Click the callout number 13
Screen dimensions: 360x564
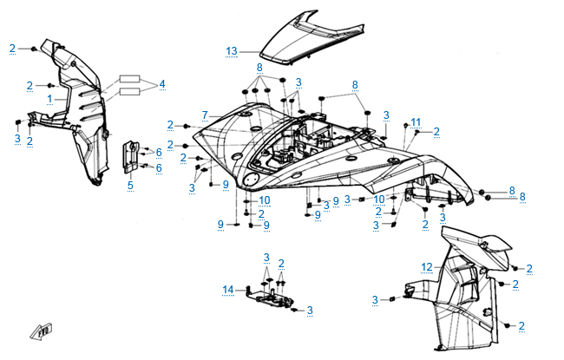tap(231, 51)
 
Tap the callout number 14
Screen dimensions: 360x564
tap(228, 290)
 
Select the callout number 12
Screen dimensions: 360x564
tap(427, 265)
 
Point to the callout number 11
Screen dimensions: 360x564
tap(416, 121)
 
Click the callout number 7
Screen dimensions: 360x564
tap(205, 115)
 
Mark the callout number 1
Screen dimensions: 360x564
tap(50, 99)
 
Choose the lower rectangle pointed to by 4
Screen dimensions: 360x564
tap(129, 89)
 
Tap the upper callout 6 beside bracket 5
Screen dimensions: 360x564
tap(160, 152)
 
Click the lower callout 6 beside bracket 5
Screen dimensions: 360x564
tap(160, 168)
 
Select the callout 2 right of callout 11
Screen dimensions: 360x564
tap(436, 131)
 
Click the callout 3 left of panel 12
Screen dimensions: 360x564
tap(376, 299)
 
